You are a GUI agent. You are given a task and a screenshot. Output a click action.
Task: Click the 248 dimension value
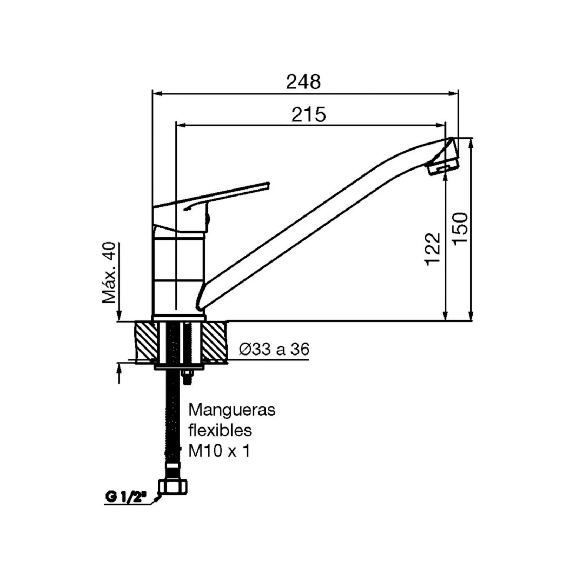(x=303, y=82)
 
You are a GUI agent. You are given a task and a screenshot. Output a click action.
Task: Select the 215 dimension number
(x=309, y=114)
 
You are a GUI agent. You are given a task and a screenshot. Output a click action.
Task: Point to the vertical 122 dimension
(x=432, y=248)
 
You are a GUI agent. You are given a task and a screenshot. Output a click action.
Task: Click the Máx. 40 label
(x=109, y=273)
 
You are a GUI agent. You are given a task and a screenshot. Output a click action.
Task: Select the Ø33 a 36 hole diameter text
(x=274, y=350)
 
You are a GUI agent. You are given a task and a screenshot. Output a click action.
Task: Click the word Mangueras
(x=232, y=410)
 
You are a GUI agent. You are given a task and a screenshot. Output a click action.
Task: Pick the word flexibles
(x=220, y=430)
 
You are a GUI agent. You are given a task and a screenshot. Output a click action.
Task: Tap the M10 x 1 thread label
(x=219, y=451)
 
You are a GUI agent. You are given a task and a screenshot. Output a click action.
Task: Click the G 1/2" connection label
(x=125, y=498)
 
